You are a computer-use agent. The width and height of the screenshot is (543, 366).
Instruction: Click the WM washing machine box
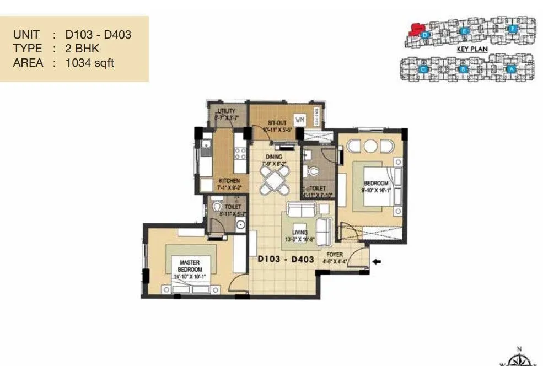tap(299, 120)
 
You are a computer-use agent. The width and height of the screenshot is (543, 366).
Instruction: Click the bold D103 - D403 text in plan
tap(286, 259)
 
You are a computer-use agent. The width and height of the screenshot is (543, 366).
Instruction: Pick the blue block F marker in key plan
tap(512, 28)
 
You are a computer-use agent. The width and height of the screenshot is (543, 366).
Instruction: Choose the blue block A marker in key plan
tap(511, 69)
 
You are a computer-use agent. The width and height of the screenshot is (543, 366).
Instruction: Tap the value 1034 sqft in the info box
tap(90, 63)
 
